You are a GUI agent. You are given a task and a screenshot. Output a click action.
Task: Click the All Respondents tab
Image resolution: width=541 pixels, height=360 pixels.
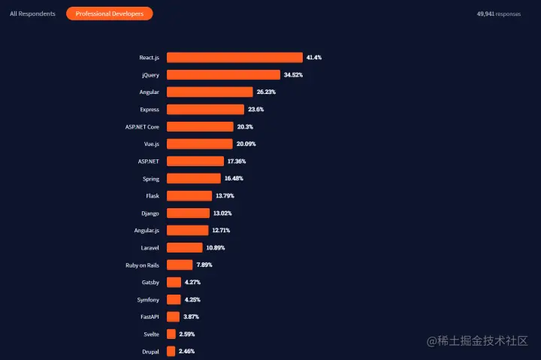(32, 14)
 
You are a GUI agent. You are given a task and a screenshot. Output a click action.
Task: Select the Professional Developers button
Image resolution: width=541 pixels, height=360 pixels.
(110, 14)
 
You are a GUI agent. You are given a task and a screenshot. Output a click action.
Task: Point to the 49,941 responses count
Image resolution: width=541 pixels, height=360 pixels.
(499, 14)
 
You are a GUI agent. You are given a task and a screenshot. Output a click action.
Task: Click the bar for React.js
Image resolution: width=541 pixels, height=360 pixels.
(234, 58)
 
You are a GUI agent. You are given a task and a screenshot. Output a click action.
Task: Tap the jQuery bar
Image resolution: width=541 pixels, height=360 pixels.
(223, 75)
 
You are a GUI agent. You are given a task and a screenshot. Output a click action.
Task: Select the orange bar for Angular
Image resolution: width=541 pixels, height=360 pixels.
(210, 92)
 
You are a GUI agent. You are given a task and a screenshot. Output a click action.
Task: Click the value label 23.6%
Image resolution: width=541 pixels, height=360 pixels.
(255, 110)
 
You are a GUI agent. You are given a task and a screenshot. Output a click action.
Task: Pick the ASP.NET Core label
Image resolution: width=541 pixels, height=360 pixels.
(142, 127)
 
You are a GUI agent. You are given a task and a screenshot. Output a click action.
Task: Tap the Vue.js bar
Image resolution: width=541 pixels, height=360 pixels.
(200, 144)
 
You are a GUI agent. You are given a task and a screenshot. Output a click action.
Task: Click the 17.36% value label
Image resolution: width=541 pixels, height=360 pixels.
(235, 162)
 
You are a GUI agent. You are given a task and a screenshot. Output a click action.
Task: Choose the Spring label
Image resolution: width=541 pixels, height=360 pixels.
(150, 179)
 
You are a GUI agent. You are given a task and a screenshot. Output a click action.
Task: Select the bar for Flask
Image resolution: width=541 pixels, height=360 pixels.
(189, 196)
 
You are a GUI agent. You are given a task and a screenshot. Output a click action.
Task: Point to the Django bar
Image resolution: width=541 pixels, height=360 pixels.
(188, 213)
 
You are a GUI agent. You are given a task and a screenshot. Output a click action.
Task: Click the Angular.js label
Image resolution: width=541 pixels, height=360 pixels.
(146, 231)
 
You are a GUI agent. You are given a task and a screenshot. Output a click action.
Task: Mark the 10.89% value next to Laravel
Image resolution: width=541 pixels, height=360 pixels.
(215, 248)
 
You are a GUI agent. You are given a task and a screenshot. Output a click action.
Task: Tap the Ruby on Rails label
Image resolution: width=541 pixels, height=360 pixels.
(142, 265)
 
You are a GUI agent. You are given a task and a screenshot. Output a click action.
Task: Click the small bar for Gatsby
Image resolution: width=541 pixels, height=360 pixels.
(174, 283)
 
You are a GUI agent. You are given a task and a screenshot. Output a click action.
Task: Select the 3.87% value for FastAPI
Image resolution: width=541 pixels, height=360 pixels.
(192, 317)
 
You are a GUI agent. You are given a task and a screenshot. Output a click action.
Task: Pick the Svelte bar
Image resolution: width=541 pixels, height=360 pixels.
(171, 334)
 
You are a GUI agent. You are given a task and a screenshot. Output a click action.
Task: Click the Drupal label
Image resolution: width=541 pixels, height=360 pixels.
(150, 352)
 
